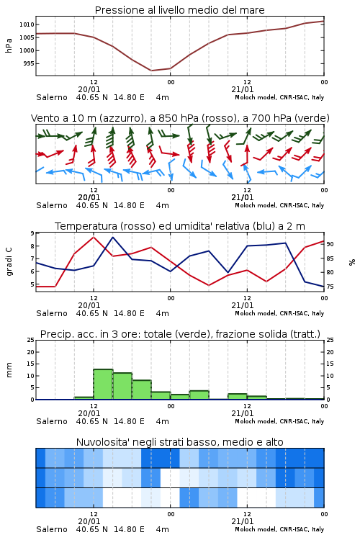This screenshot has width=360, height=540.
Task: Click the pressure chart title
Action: coord(179,10)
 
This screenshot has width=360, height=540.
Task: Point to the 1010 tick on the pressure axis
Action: coord(27,24)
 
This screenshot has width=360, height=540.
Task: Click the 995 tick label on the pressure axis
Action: coord(29,63)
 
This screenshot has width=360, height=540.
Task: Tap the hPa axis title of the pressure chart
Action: coord(9,45)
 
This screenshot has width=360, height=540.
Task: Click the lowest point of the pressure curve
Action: coord(151,71)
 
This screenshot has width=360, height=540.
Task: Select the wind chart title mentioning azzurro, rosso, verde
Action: coord(180,118)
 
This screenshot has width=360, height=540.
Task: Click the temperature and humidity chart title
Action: coord(180,226)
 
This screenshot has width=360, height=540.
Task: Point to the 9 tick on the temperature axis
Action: coord(32,233)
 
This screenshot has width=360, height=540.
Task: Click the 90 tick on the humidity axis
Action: coord(330,244)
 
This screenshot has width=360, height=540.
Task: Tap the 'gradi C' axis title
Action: coord(9,261)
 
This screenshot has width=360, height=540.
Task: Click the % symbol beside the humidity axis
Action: coord(352,262)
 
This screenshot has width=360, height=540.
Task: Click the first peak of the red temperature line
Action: coord(94,237)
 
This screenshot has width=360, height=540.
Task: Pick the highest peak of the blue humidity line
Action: coord(112,237)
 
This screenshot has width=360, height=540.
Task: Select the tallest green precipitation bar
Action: coord(103,384)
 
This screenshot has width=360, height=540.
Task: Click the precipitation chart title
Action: coord(180,334)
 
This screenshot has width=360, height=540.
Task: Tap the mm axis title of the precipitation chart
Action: coord(9,370)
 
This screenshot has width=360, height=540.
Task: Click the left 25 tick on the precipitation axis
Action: coord(31,340)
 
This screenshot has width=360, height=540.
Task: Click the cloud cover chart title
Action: coord(179,442)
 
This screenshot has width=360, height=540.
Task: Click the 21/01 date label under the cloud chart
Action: coord(243,521)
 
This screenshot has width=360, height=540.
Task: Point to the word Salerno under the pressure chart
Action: coord(52,97)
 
